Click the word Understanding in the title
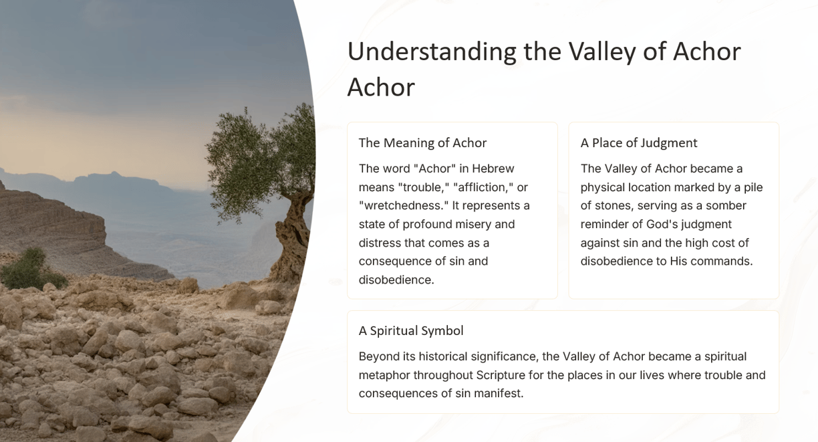point(432,52)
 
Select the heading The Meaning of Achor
point(422,143)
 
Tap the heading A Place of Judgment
point(639,143)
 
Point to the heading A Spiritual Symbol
point(411,330)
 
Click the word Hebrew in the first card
point(493,169)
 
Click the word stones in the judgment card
point(614,206)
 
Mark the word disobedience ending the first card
point(396,280)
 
